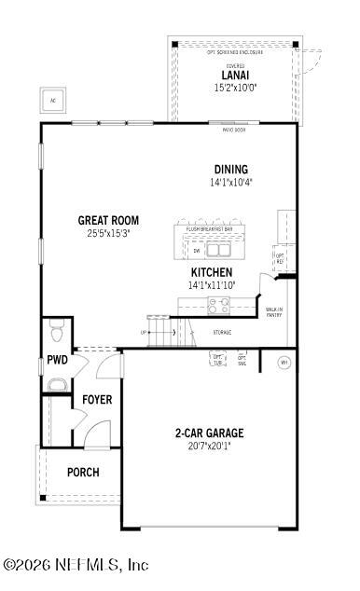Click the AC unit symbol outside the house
pos(52,101)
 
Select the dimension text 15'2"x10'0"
pos(235,88)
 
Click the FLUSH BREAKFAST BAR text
pos(209,228)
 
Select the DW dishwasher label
pos(196,250)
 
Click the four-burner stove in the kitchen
pos(218,304)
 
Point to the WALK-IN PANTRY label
pos(274,312)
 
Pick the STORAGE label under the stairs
pos(222,333)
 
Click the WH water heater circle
pos(284,362)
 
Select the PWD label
pos(56,361)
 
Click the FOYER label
pos(96,400)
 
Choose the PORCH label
pos(82,472)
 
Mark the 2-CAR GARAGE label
pos(209,433)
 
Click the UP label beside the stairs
pos(143,332)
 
